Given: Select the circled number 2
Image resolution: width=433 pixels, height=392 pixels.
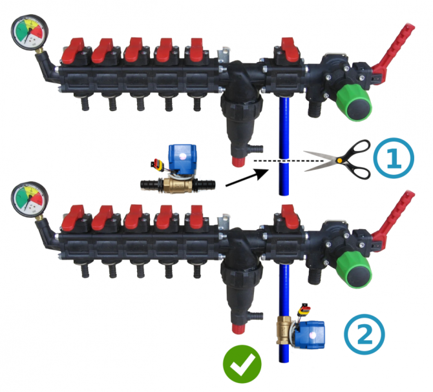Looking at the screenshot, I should tap(364, 335).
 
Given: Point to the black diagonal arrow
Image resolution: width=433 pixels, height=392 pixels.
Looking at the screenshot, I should tap(246, 178).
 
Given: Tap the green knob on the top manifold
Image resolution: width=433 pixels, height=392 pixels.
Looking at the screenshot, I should tap(353, 102).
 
